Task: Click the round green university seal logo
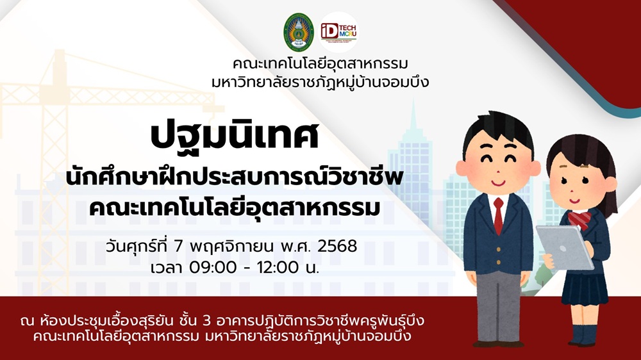[x=299, y=32]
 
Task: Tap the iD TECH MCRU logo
[x=338, y=32]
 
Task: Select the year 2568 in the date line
[x=337, y=246]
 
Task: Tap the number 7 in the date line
[x=178, y=246]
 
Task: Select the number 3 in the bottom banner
[x=207, y=321]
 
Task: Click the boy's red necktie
[x=498, y=215]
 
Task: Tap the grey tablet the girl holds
[x=565, y=247]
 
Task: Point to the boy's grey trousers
[x=499, y=306]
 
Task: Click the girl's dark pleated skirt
[x=585, y=288]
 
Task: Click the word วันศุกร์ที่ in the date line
[x=137, y=246]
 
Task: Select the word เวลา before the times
[x=167, y=268]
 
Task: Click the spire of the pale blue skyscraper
[x=413, y=117]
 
